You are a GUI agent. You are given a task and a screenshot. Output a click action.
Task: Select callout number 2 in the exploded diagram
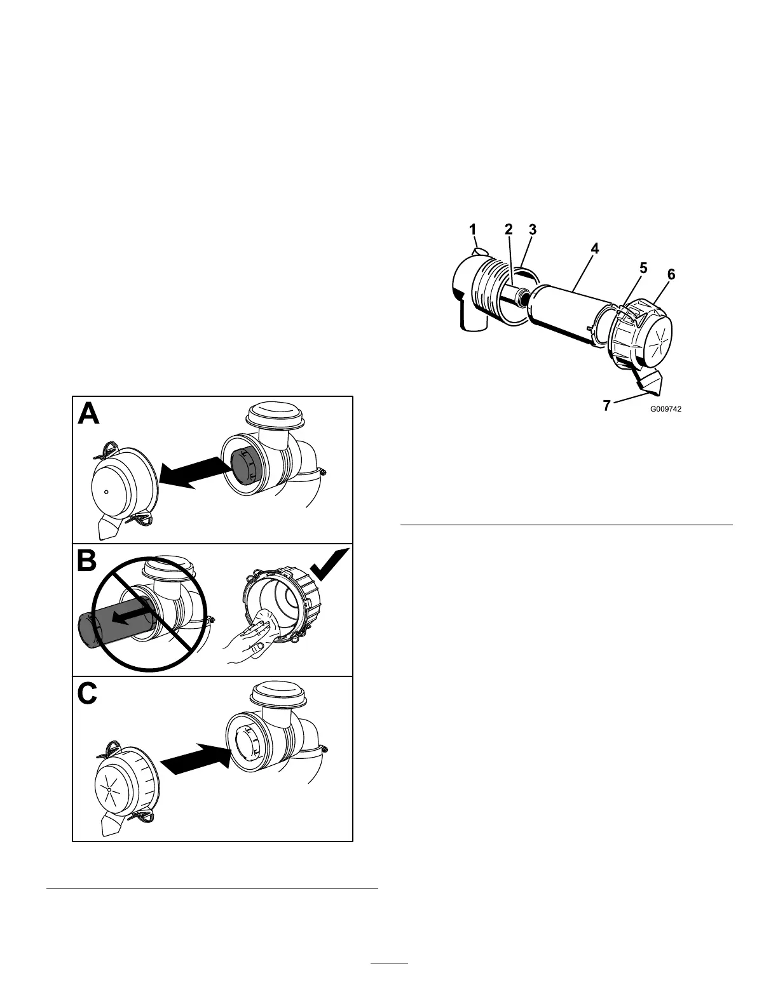coord(508,230)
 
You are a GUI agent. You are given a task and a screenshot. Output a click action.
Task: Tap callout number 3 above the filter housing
coord(533,230)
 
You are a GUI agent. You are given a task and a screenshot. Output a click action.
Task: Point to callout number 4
coord(594,249)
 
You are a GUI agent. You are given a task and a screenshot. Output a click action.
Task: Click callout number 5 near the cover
coord(643,268)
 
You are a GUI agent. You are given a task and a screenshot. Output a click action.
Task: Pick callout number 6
coord(671,274)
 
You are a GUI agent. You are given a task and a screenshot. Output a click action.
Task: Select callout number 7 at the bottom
coord(606,405)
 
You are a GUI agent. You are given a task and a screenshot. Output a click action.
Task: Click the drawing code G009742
coord(665,410)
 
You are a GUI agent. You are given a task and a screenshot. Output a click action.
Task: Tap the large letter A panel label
coord(88,414)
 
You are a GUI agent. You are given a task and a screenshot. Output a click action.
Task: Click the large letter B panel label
coord(87,560)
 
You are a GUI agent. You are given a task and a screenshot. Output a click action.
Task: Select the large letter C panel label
coord(88,694)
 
